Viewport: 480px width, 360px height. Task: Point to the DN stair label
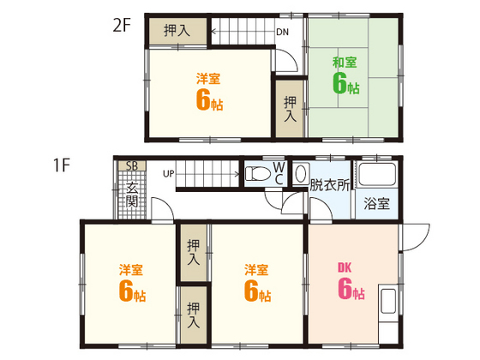point(281,34)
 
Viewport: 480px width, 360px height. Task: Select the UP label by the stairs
point(168,175)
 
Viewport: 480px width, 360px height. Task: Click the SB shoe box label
point(131,165)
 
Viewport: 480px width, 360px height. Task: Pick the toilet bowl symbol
point(257,174)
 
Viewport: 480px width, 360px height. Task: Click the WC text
point(279,171)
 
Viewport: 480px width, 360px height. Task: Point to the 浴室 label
point(376,204)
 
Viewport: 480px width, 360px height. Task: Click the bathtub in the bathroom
point(377,176)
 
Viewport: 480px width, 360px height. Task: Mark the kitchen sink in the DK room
point(387,303)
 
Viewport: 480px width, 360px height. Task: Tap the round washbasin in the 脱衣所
point(300,173)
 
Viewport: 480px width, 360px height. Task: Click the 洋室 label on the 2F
point(207,79)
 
